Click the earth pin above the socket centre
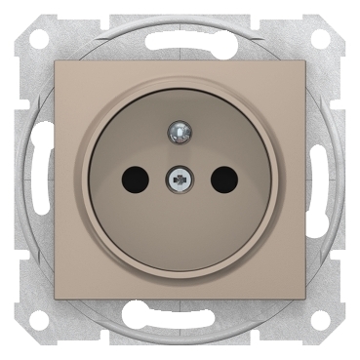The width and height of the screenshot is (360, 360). pos(180,129)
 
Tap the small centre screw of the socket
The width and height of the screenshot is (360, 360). pos(180,179)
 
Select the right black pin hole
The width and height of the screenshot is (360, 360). pos(224,179)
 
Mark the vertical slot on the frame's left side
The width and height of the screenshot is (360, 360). pos(38,180)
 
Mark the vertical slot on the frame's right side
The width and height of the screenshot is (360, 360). pos(322,180)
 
